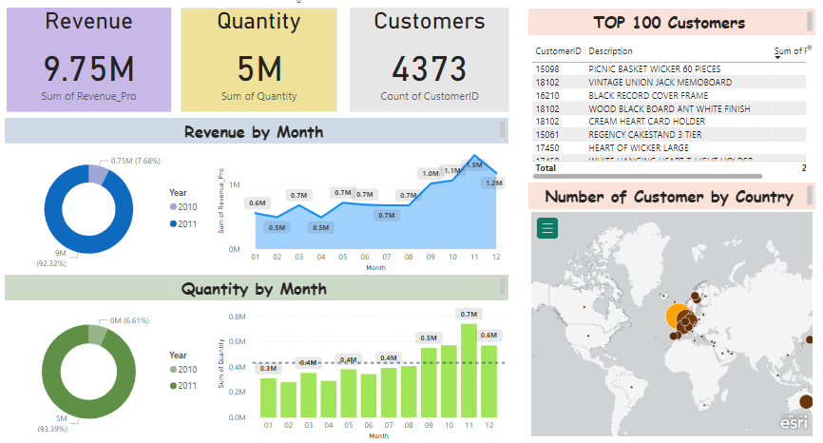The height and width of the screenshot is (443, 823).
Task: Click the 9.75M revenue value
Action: coord(88,68)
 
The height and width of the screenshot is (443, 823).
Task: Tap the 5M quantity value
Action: coord(258,68)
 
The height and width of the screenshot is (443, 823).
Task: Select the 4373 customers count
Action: coord(430,68)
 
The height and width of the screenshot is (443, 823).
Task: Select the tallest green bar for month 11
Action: coord(469,371)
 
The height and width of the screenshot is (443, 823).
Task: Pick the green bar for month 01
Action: coord(268,397)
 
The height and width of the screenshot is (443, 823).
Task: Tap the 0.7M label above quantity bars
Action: coord(469,314)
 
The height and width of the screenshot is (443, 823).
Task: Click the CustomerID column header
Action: coord(558,51)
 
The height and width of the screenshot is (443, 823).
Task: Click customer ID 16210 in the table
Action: coord(546,96)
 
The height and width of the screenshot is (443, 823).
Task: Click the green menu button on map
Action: coord(546,228)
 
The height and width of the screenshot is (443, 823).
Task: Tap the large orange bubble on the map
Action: coord(677,318)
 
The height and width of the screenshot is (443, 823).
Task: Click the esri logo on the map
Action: coord(794,422)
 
